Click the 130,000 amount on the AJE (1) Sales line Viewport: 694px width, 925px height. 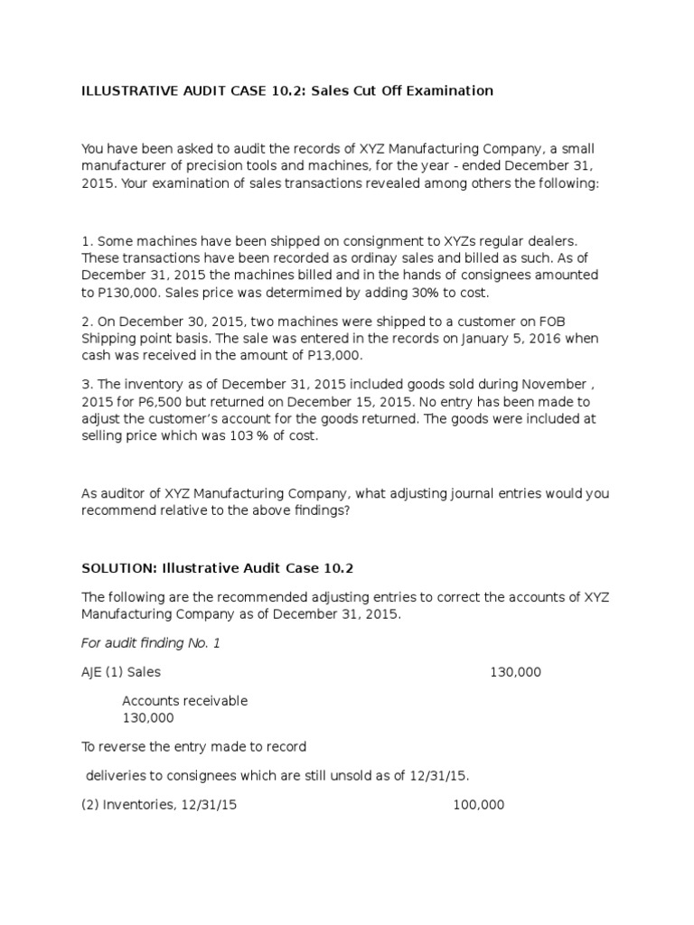(516, 672)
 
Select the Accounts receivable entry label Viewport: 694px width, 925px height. (184, 701)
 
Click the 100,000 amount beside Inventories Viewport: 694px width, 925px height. (478, 805)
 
